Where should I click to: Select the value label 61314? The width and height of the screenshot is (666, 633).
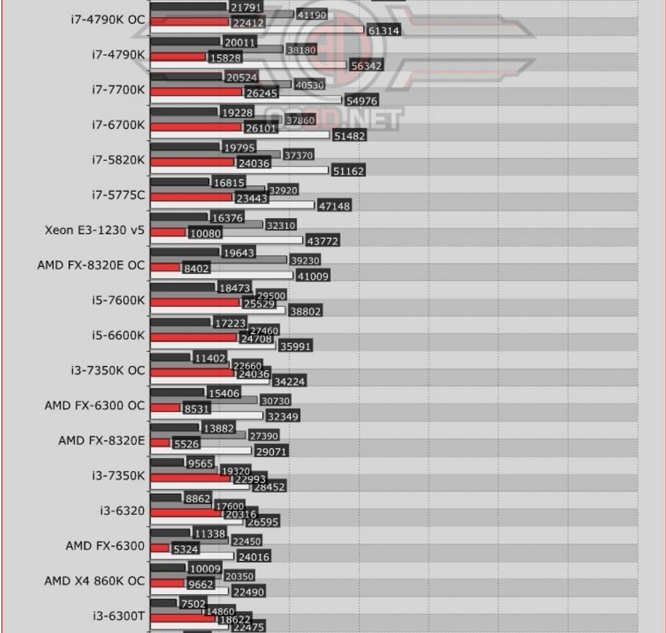[x=383, y=31]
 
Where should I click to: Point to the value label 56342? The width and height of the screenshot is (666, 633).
[x=365, y=66]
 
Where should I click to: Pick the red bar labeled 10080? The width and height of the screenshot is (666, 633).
[x=168, y=232]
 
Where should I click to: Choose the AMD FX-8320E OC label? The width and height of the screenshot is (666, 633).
[x=91, y=266]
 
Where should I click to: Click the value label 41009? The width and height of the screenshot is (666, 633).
[x=312, y=277]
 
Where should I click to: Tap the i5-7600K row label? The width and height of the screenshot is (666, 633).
[x=117, y=300]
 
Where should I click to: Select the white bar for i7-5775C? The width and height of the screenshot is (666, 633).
[x=232, y=206]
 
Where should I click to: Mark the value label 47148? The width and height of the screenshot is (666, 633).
[x=333, y=206]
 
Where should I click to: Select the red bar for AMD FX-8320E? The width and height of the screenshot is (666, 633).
[x=160, y=443]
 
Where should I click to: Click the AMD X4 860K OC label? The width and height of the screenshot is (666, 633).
[x=95, y=581]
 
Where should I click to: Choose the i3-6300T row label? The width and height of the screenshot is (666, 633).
[x=118, y=616]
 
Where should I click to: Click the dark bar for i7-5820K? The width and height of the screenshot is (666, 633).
[x=185, y=147]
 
